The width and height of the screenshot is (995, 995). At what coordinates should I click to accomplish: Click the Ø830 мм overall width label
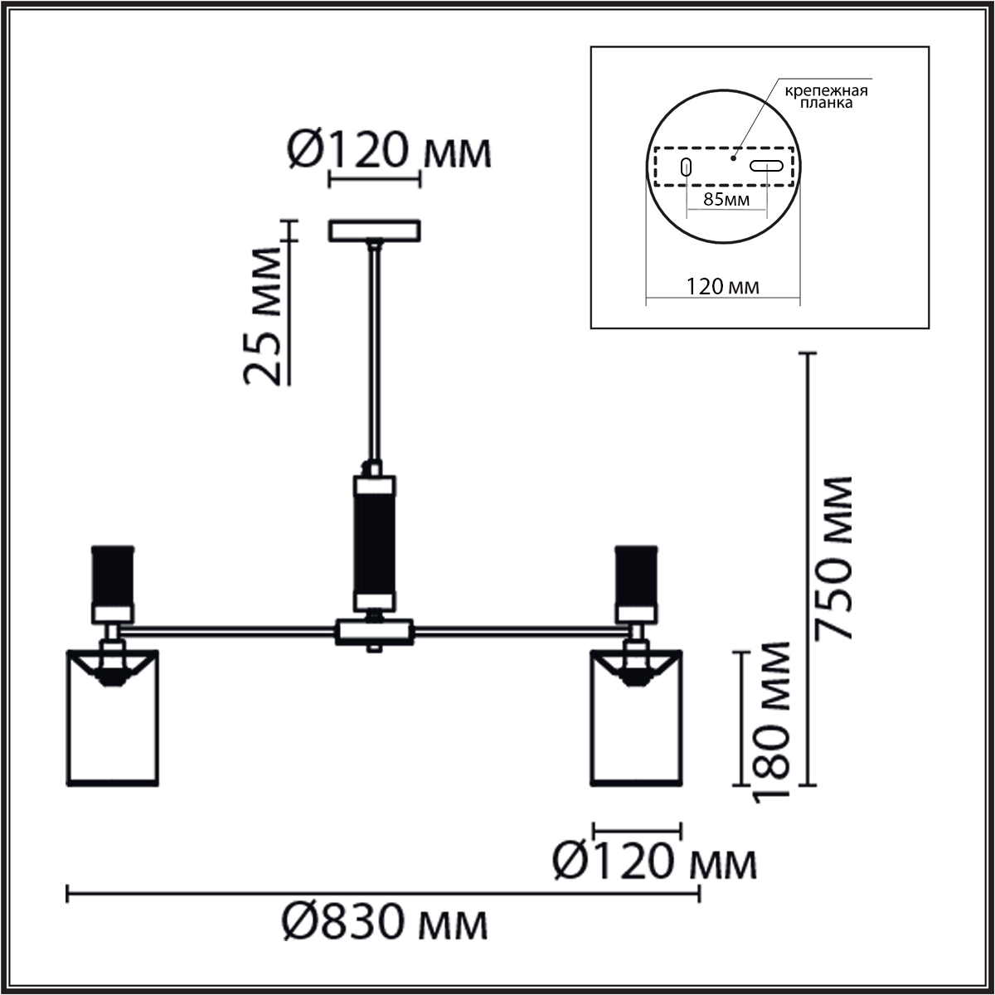[385, 922]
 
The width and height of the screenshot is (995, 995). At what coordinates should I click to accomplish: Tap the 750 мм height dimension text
[832, 558]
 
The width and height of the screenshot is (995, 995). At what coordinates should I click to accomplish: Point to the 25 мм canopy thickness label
[262, 317]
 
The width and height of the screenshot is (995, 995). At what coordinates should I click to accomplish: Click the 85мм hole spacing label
[726, 199]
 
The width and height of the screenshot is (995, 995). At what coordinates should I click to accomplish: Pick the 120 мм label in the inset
[722, 286]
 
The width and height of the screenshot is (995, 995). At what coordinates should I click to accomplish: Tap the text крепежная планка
[826, 96]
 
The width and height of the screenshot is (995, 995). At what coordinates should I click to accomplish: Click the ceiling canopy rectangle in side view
[375, 231]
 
